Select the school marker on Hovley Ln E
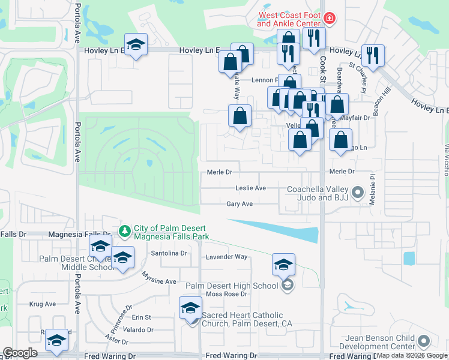point(136,45)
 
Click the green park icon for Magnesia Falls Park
point(125,230)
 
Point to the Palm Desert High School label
point(232,285)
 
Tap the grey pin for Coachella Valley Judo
point(358,193)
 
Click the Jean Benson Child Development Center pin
point(424,342)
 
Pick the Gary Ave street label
point(240,204)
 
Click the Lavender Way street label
point(227,257)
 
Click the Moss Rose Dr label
point(226,294)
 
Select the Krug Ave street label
point(42,304)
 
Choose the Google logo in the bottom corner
point(20,353)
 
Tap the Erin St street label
point(142,317)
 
